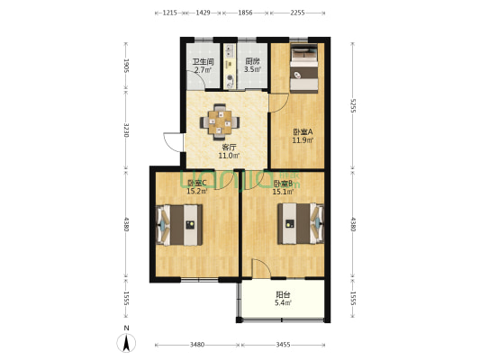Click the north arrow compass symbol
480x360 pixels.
pos(128,343)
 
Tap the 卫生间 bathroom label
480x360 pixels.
pos(202,62)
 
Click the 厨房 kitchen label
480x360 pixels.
pos(253,62)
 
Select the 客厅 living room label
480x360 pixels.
pos(229,148)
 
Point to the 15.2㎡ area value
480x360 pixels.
pos(197,191)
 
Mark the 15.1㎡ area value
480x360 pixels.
pos(284,191)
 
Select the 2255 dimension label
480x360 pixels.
pos(303,13)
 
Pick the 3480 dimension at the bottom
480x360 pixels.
pos(197,345)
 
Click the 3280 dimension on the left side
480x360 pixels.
pos(127,133)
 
